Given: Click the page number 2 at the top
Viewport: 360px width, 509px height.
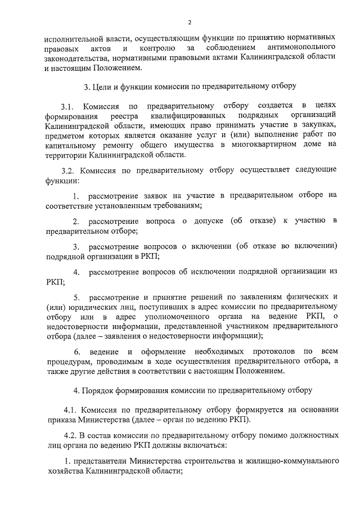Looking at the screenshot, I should coord(190,22).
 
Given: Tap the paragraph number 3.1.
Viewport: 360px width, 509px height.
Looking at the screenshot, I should coord(67,106).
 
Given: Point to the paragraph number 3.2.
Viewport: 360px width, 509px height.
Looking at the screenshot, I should coord(67,170).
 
